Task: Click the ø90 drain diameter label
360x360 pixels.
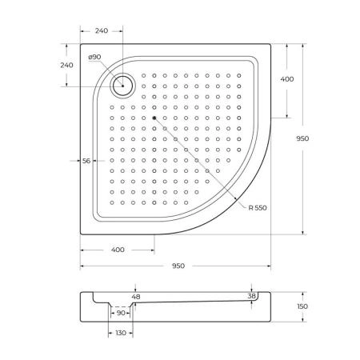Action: pos(94,57)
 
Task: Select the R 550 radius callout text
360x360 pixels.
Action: pos(258,207)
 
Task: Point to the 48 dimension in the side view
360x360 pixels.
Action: pos(134,296)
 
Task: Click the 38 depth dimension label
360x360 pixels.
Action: pos(253,296)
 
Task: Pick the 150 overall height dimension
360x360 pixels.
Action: pos(302,306)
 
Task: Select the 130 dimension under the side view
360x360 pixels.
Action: pos(120,333)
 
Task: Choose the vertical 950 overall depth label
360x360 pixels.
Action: pos(302,138)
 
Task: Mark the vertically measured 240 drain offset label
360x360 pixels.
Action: pos(66,66)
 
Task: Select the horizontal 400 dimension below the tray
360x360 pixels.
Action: pos(118,250)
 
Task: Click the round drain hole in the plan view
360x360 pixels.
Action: pos(124,84)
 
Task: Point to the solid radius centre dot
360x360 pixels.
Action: pos(154,118)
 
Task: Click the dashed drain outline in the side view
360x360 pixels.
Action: pos(121,306)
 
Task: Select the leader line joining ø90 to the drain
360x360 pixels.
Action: pos(109,70)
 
